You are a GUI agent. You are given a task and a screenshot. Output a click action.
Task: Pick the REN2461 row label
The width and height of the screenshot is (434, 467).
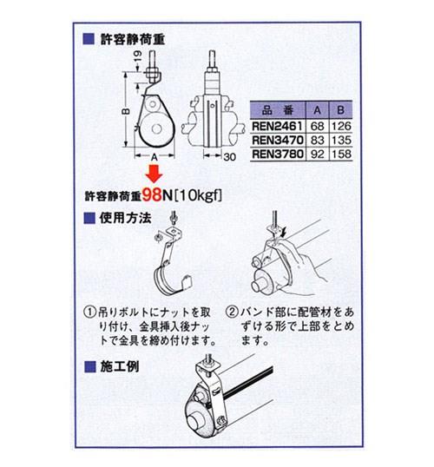[276, 127]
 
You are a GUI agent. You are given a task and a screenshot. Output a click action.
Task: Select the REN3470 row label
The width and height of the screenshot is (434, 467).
[276, 141]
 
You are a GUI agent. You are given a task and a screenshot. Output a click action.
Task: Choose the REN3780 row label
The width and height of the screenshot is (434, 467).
[276, 156]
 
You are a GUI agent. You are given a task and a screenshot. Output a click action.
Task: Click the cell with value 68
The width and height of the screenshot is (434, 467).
[317, 127]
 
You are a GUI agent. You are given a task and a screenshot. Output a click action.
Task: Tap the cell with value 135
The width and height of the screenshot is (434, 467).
[340, 141]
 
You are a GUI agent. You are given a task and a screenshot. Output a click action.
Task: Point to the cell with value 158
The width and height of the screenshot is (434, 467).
[340, 156]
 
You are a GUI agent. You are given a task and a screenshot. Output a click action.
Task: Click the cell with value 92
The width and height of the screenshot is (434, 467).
[317, 156]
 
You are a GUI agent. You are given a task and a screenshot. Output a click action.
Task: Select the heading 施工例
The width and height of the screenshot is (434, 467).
[121, 365]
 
